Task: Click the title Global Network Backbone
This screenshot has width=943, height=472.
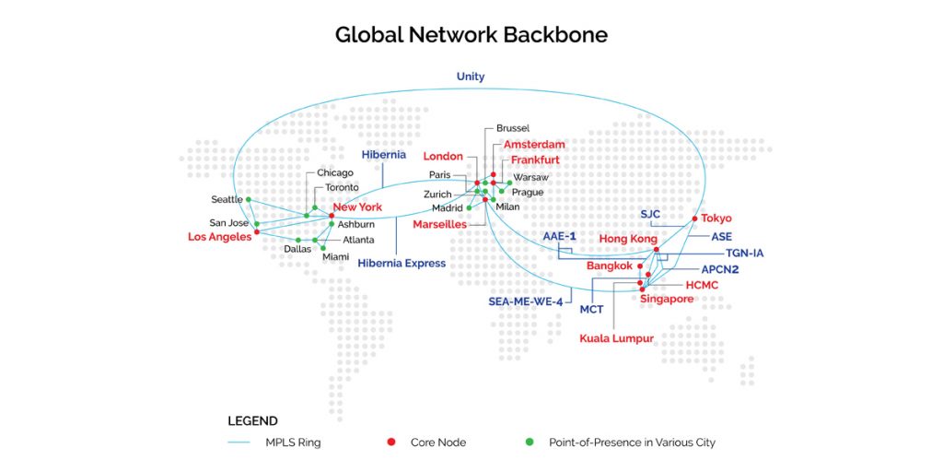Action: (x=471, y=35)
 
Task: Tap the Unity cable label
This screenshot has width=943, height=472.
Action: (x=471, y=77)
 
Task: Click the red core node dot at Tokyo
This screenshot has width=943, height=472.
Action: (x=694, y=218)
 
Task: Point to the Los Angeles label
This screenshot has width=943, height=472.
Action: (x=219, y=237)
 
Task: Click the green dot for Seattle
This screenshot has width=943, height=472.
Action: (x=249, y=199)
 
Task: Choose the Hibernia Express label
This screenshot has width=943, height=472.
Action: (x=402, y=263)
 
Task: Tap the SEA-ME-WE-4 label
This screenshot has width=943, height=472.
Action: (x=525, y=301)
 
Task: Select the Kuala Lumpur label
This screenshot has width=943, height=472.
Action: (x=616, y=338)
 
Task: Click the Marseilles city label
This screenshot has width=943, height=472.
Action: (x=441, y=225)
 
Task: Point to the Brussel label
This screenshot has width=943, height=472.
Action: (x=512, y=128)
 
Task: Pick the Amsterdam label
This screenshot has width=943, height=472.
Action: (x=535, y=145)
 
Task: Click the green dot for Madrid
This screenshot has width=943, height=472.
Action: (x=469, y=207)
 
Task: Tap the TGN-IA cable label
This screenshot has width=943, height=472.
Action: (x=744, y=254)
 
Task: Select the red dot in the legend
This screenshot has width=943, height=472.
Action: (x=390, y=442)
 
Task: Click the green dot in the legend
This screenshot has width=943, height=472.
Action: (x=530, y=442)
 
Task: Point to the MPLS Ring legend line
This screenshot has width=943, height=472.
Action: (x=239, y=443)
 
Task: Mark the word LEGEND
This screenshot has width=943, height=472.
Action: (x=252, y=420)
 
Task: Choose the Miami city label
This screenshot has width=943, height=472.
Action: (x=335, y=257)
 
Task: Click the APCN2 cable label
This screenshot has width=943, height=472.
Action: (x=720, y=270)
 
